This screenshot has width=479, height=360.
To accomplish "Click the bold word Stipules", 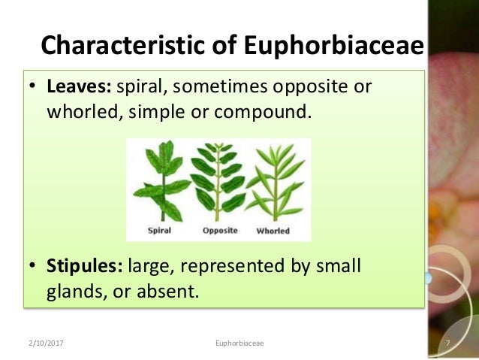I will click(x=85, y=265).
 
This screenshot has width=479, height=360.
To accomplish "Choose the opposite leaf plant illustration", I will click(x=218, y=181).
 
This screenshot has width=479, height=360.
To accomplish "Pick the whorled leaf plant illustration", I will click(x=273, y=181).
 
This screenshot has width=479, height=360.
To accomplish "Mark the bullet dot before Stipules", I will click(x=34, y=266).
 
